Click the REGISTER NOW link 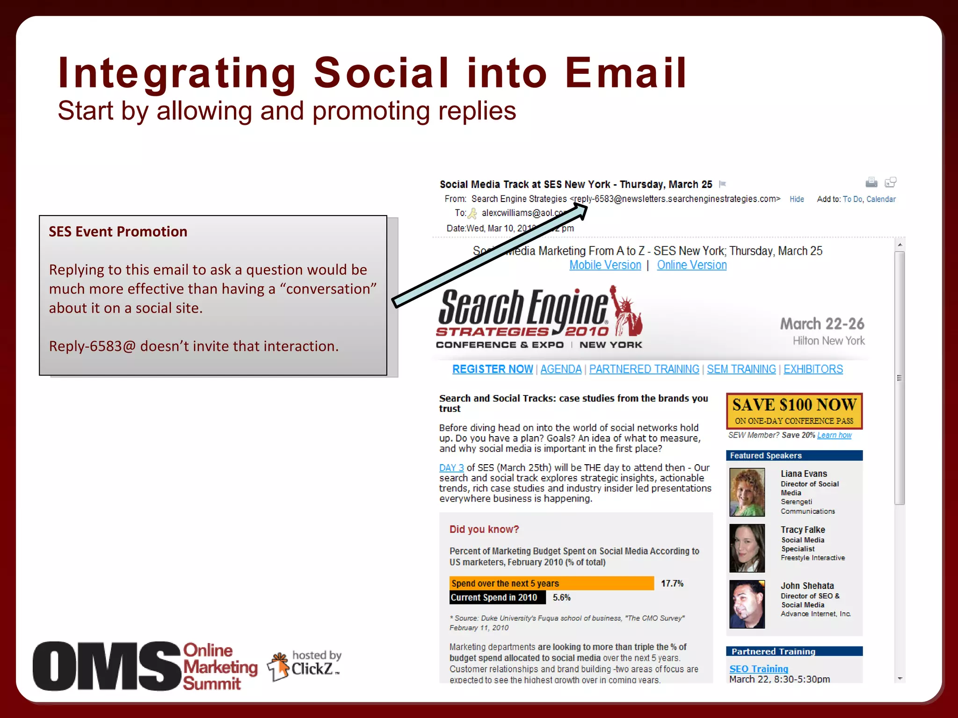click(x=492, y=369)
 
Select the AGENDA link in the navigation click(x=561, y=369)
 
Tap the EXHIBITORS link click(x=813, y=369)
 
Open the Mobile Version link click(x=605, y=265)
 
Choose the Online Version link click(x=691, y=265)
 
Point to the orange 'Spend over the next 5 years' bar click(x=552, y=583)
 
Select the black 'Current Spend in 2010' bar click(x=497, y=597)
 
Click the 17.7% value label click(x=672, y=583)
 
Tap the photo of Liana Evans click(x=747, y=492)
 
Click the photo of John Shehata click(x=747, y=604)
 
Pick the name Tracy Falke click(x=803, y=530)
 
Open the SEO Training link click(x=758, y=669)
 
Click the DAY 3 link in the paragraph click(x=451, y=467)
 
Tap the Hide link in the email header click(x=797, y=199)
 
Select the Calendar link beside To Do click(x=881, y=199)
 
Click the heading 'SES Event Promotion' click(x=118, y=231)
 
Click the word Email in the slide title click(x=625, y=73)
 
